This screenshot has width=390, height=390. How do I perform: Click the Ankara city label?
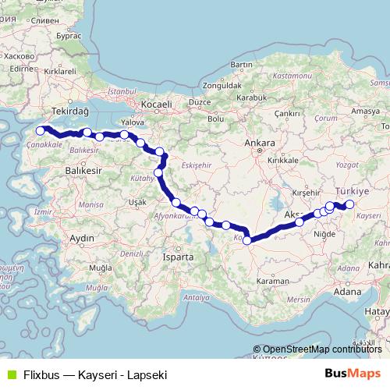pos(259,144)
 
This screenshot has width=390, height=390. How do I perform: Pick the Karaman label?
pos(275,279)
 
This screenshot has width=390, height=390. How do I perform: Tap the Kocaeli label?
pos(156,104)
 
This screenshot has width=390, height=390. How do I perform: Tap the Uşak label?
pos(136,201)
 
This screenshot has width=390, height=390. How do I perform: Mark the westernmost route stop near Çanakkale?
pos(41,130)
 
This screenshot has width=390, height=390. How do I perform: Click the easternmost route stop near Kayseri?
pos(349,204)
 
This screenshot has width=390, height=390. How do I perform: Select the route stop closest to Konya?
pos(247,240)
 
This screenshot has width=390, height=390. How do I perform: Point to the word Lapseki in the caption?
pos(147,374)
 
